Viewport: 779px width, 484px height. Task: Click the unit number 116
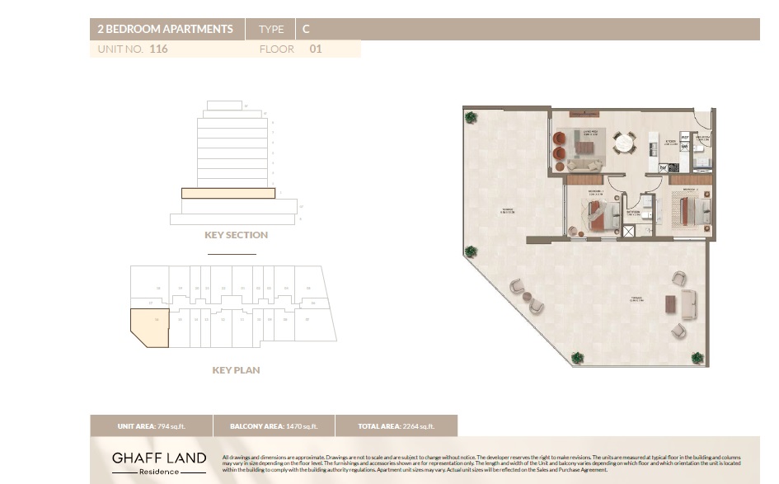[x=159, y=49]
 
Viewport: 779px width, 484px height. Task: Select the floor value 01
[x=315, y=49]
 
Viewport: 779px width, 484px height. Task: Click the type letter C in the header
[x=306, y=29]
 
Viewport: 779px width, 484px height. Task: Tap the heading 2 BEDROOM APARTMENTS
[x=166, y=29]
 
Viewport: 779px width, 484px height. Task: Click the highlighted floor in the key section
[x=228, y=193]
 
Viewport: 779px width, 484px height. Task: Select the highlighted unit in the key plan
[x=148, y=327]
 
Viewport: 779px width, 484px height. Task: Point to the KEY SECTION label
[x=236, y=235]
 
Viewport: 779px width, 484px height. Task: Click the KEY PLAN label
[x=236, y=370]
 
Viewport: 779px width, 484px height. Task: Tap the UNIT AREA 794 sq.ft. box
[x=151, y=426]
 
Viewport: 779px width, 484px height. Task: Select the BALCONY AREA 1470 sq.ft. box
[x=274, y=426]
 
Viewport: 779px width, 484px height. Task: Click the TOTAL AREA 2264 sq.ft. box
[x=397, y=426]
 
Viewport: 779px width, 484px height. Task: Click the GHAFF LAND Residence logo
[x=159, y=463]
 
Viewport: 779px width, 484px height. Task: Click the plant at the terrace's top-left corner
[x=471, y=117]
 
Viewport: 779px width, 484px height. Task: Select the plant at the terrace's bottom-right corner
[x=697, y=358]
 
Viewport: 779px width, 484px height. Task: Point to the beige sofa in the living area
[x=586, y=165]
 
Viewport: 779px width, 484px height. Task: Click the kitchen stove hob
[x=673, y=167]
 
